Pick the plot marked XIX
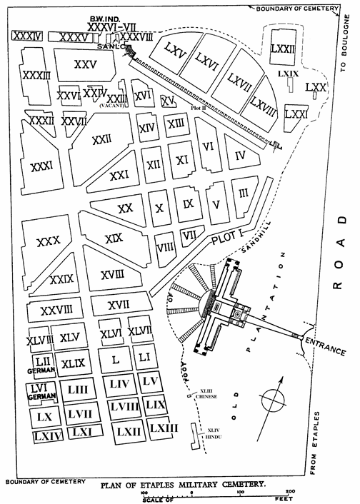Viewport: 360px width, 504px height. click(114, 238)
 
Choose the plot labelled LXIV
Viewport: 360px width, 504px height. click(46, 434)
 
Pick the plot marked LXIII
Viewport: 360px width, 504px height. click(164, 428)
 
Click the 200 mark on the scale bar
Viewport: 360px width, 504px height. click(289, 492)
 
